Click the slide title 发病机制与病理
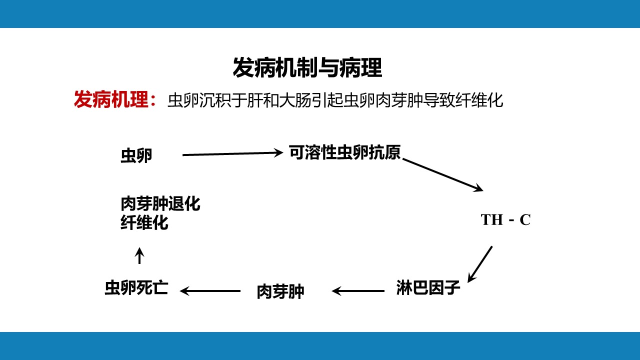tap(307, 67)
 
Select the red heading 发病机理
tap(111, 99)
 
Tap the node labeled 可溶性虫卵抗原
tap(344, 152)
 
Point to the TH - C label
tap(505, 219)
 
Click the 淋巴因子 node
tap(428, 287)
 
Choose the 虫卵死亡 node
tap(136, 287)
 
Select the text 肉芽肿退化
tap(160, 203)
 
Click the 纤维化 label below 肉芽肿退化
tap(144, 222)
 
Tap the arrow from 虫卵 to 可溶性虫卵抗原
tap(232, 153)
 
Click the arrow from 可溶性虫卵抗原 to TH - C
tap(443, 174)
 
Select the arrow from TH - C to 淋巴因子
tap(480, 264)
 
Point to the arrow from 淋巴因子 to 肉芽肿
tap(358, 291)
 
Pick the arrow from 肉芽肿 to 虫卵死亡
tap(210, 291)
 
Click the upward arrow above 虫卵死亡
tap(139, 255)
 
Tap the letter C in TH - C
tap(525, 220)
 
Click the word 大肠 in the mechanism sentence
tap(295, 100)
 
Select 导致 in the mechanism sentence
tap(439, 100)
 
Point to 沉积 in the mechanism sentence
tap(215, 100)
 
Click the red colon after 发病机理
tap(153, 100)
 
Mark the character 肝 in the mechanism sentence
tap(255, 100)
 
